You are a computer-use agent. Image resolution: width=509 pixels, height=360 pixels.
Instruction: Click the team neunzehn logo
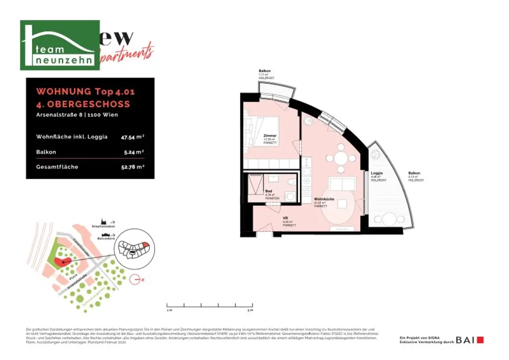pos(60,45)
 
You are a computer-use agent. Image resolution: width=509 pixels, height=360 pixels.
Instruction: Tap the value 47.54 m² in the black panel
pos(134,137)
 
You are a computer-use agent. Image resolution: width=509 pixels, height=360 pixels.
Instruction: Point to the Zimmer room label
pos(270,135)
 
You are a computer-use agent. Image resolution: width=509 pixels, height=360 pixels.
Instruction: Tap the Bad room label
pos(268,191)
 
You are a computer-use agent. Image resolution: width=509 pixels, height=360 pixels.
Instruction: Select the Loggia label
pos(376,174)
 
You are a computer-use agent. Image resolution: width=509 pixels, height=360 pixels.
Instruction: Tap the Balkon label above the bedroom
pos(264,72)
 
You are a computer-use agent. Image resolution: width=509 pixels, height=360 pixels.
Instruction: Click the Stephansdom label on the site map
pos(103,226)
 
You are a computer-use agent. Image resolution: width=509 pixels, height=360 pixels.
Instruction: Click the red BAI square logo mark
pos(480,340)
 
